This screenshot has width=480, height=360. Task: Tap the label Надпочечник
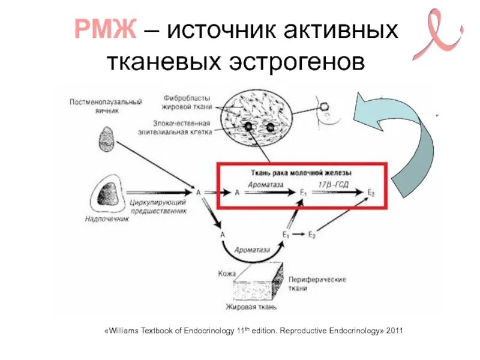pyautogui.click(x=107, y=221)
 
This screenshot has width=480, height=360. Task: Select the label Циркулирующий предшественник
pyautogui.click(x=157, y=208)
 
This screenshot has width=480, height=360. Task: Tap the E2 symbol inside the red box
pyautogui.click(x=371, y=193)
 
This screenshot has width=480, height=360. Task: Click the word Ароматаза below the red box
pyautogui.click(x=252, y=249)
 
